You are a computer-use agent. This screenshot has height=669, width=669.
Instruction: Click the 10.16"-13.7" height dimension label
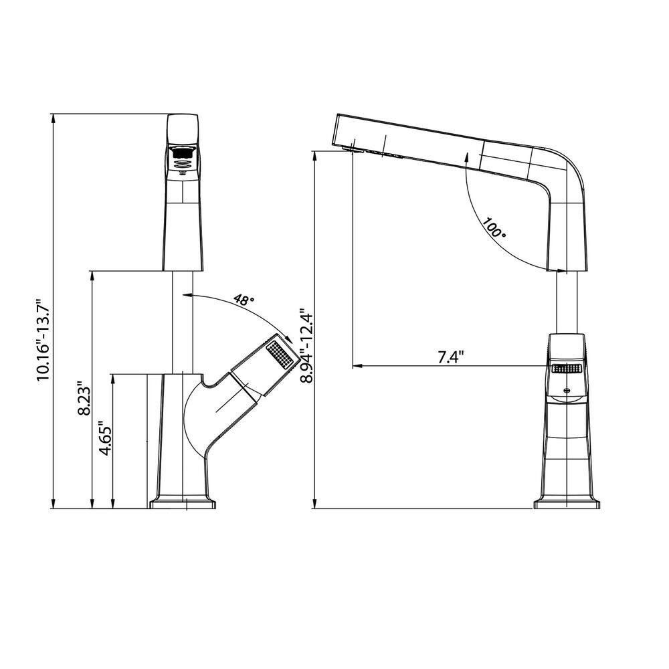click(43, 339)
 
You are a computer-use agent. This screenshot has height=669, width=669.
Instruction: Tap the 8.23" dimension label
click(84, 399)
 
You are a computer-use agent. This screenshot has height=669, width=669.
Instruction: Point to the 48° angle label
click(245, 300)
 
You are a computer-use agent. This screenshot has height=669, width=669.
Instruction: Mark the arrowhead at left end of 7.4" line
click(357, 366)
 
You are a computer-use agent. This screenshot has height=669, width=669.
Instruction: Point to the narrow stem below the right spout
click(567, 301)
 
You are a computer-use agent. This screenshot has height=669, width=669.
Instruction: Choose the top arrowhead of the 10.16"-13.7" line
click(54, 118)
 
